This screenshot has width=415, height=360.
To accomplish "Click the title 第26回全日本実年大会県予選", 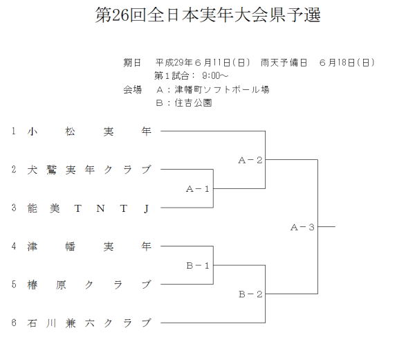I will [207, 15].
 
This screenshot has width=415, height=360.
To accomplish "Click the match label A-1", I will [198, 188].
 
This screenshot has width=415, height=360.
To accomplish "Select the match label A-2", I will [250, 160].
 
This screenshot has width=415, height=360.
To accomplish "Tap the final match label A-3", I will [303, 227].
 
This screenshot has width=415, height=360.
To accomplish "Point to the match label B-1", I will [198, 265].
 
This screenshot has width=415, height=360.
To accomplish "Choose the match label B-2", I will [250, 294].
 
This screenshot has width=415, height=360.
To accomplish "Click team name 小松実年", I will [89, 131].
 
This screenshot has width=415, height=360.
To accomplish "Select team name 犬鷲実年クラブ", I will [89, 170].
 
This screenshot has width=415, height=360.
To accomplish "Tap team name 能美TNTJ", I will [89, 208].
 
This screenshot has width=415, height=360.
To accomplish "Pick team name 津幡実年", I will [89, 246].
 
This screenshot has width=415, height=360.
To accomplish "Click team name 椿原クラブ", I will [89, 285].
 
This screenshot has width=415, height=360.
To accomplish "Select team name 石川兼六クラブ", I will [89, 323].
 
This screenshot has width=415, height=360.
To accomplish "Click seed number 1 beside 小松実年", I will [13, 131].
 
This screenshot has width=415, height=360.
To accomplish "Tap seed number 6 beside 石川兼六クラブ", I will [13, 323].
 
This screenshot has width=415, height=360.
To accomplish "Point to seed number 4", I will [13, 246].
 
